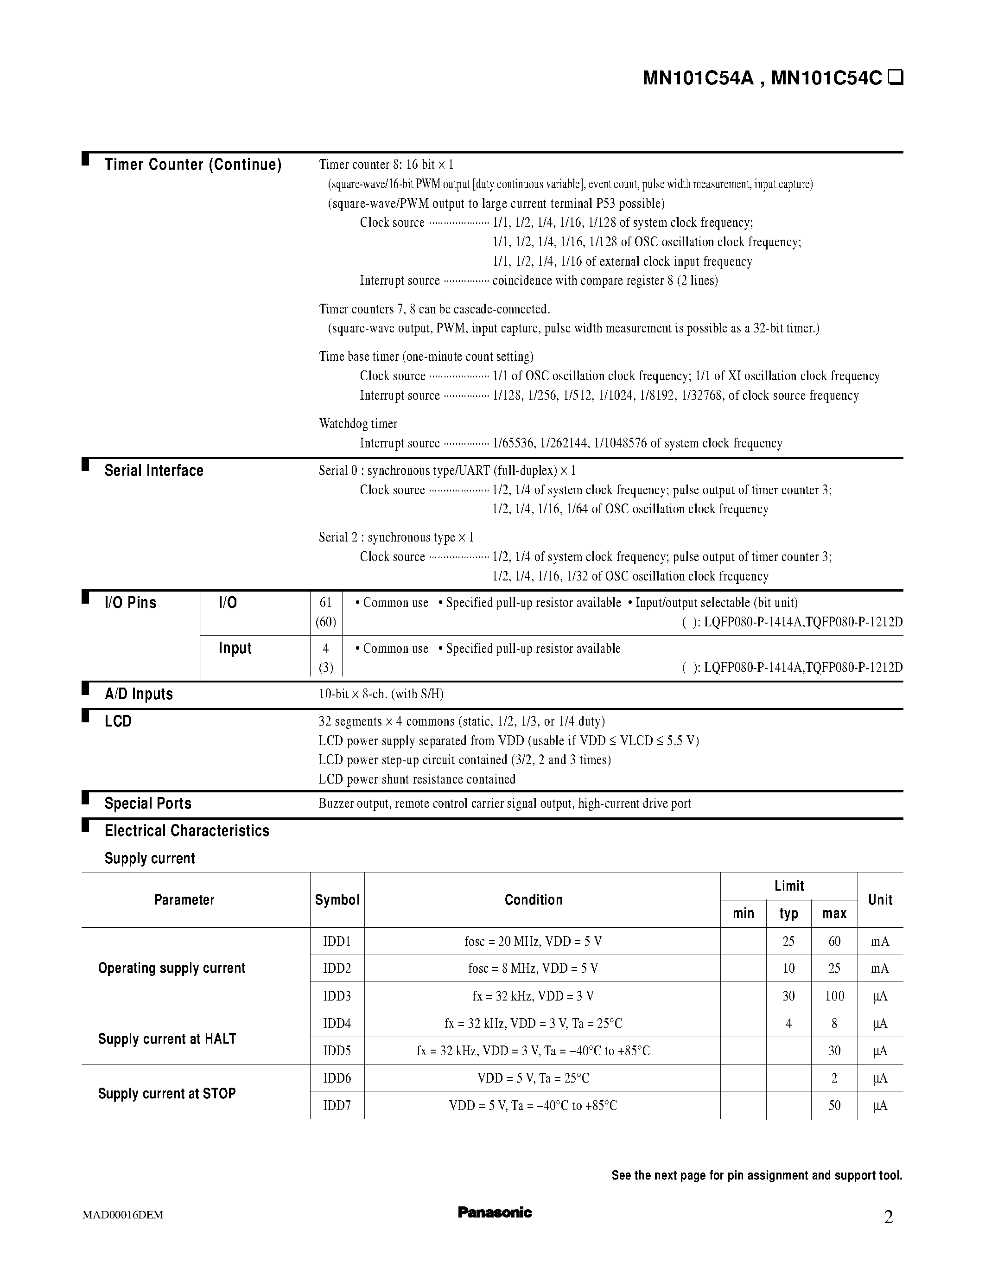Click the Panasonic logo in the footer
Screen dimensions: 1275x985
(494, 1212)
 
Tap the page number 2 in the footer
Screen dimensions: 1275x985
(888, 1217)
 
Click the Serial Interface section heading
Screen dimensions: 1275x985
(153, 471)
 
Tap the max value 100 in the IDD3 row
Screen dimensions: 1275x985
(834, 996)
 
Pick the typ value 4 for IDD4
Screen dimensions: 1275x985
(788, 1023)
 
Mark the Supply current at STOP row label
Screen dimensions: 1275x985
(166, 1093)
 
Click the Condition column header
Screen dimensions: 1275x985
(534, 899)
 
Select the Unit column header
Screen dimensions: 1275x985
(880, 899)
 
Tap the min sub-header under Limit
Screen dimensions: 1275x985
(743, 914)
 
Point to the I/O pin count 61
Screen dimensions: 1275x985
(325, 602)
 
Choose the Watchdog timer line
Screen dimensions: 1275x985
(358, 423)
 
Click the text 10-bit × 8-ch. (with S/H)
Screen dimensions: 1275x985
(381, 694)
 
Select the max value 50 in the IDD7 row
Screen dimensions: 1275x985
(834, 1105)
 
